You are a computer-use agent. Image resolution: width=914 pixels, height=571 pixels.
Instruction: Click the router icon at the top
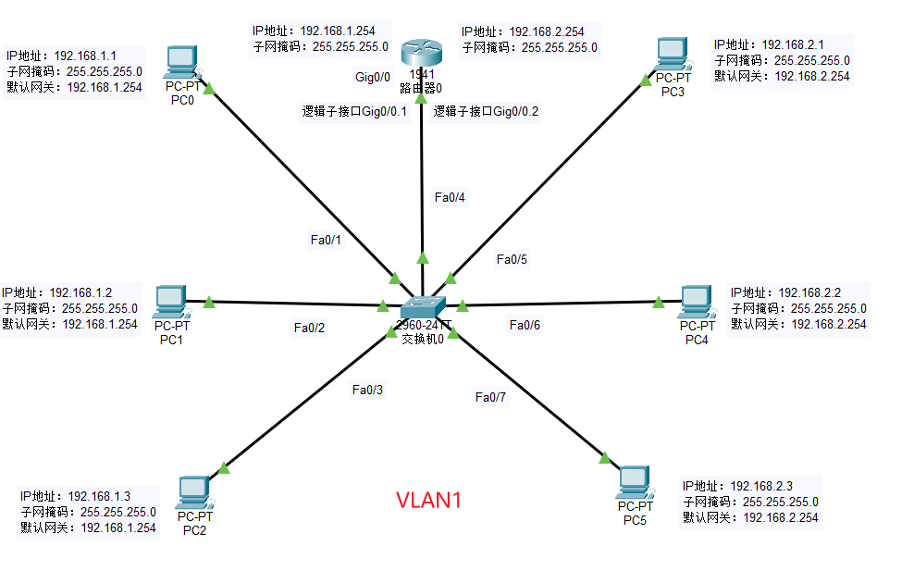tap(422, 53)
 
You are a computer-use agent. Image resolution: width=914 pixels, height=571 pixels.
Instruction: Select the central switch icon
tap(423, 307)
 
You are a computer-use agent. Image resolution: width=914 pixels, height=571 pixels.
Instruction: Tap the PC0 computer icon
tap(182, 62)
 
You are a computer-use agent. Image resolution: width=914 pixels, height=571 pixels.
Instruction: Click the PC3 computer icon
tap(673, 55)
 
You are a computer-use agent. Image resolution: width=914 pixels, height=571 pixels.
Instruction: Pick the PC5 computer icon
tap(635, 482)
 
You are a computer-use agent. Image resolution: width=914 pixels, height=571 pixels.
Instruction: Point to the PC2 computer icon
tap(194, 493)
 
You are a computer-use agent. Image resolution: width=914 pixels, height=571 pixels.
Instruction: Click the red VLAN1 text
tap(428, 501)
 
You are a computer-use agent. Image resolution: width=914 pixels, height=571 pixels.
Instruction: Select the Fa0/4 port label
tap(450, 197)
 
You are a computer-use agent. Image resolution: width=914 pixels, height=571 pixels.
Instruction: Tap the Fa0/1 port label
tap(326, 240)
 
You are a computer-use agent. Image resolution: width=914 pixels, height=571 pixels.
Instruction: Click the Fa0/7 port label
tap(490, 397)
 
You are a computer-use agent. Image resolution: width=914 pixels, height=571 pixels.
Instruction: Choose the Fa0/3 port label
tap(367, 390)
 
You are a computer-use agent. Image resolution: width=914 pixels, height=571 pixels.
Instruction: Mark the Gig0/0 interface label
tap(373, 77)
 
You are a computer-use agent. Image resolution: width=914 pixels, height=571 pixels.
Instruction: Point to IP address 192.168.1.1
tap(85, 56)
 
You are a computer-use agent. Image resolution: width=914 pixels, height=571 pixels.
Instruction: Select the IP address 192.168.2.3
tap(761, 486)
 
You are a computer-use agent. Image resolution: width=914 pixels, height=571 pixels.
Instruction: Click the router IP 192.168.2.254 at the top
tap(547, 31)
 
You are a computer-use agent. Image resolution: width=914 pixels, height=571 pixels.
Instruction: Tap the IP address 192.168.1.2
tap(80, 292)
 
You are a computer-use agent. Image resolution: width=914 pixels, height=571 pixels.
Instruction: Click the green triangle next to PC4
tap(658, 302)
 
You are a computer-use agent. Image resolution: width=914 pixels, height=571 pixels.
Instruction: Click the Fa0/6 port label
tap(525, 325)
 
